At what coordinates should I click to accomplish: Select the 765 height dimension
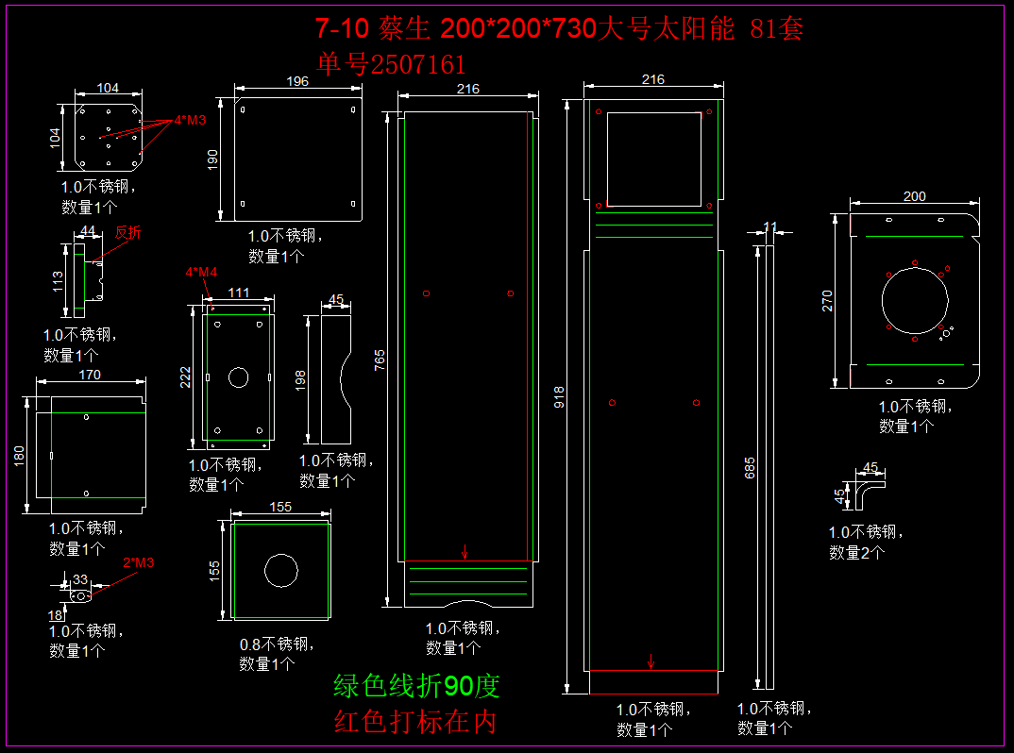(x=380, y=359)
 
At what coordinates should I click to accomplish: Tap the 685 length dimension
(x=750, y=466)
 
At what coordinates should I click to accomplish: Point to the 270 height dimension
(x=827, y=300)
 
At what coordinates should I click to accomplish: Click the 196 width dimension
(x=296, y=82)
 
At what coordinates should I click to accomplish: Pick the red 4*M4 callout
(x=201, y=272)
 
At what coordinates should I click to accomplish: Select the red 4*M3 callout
(x=190, y=121)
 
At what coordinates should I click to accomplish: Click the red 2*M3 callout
(x=138, y=563)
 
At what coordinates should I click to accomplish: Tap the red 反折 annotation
(x=128, y=232)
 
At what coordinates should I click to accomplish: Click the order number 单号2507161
(x=392, y=64)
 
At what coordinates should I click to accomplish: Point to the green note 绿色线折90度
(x=416, y=686)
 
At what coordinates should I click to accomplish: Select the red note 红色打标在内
(x=415, y=722)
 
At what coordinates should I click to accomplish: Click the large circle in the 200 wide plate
(x=914, y=301)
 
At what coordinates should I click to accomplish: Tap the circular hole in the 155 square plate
(x=280, y=570)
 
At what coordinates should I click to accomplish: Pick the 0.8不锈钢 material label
(x=275, y=644)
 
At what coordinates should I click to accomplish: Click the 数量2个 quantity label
(x=856, y=553)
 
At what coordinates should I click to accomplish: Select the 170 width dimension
(x=91, y=375)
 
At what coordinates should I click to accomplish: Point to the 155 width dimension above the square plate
(x=280, y=507)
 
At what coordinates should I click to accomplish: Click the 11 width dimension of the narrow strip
(x=770, y=226)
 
